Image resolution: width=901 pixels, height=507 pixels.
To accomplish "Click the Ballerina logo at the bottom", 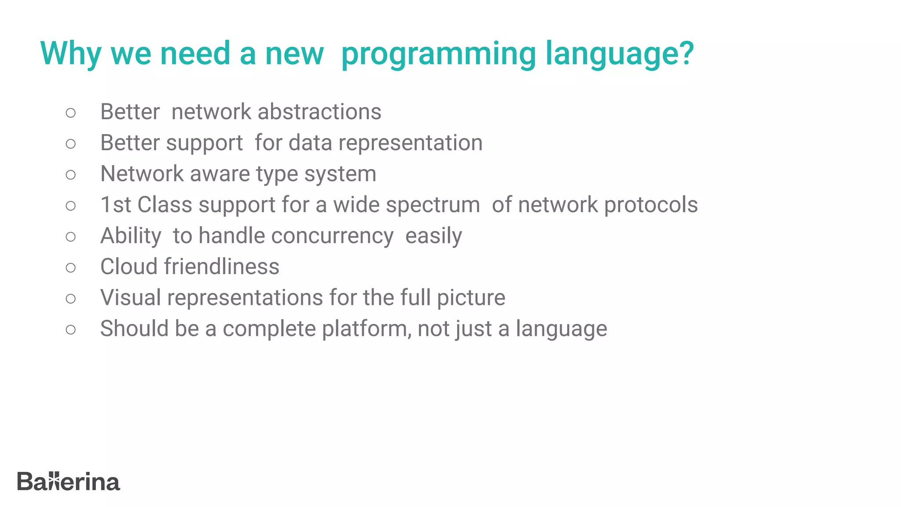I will click(68, 481).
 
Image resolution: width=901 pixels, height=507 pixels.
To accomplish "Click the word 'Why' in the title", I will click(70, 54).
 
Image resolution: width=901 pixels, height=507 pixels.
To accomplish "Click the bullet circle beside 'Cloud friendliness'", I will click(71, 267).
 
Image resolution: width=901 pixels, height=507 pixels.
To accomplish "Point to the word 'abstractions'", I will click(319, 112).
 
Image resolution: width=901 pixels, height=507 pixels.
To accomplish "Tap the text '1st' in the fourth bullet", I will click(115, 205).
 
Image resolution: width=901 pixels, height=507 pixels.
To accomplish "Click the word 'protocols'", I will click(651, 205).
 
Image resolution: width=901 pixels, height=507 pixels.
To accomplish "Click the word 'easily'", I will click(433, 236).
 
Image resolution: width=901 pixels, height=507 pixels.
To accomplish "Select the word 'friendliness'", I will click(222, 267).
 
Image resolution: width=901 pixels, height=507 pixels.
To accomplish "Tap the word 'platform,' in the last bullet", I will click(367, 329).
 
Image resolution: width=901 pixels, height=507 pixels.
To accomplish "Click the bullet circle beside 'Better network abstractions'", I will click(71, 113).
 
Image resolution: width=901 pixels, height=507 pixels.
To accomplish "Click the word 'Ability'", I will click(131, 236).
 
